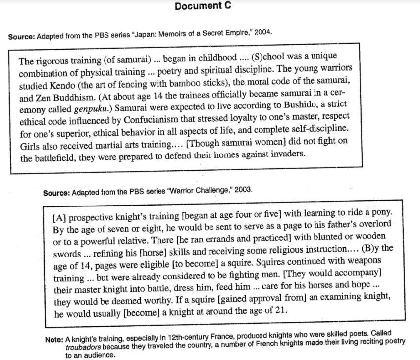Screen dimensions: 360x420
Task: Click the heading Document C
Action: pos(203,6)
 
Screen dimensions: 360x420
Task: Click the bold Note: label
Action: pos(53,340)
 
